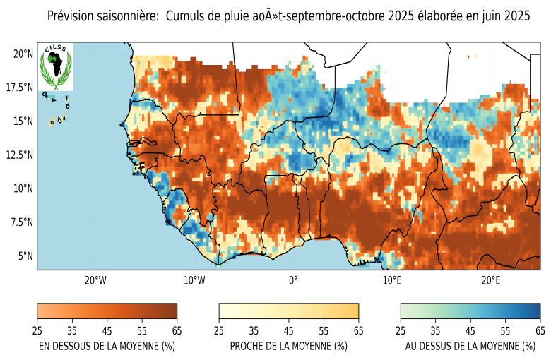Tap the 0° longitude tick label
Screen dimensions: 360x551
pos(293,280)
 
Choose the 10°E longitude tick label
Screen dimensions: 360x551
pos(392,280)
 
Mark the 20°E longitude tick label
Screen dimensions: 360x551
pos(491,280)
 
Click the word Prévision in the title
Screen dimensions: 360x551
pos(73,16)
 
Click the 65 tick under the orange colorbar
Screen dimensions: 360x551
pos(177,330)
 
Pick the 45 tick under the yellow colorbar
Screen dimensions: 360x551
pos(289,330)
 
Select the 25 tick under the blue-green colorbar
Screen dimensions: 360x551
pos(401,330)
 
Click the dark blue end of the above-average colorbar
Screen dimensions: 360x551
pos(535,311)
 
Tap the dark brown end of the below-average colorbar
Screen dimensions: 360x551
pos(172,311)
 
